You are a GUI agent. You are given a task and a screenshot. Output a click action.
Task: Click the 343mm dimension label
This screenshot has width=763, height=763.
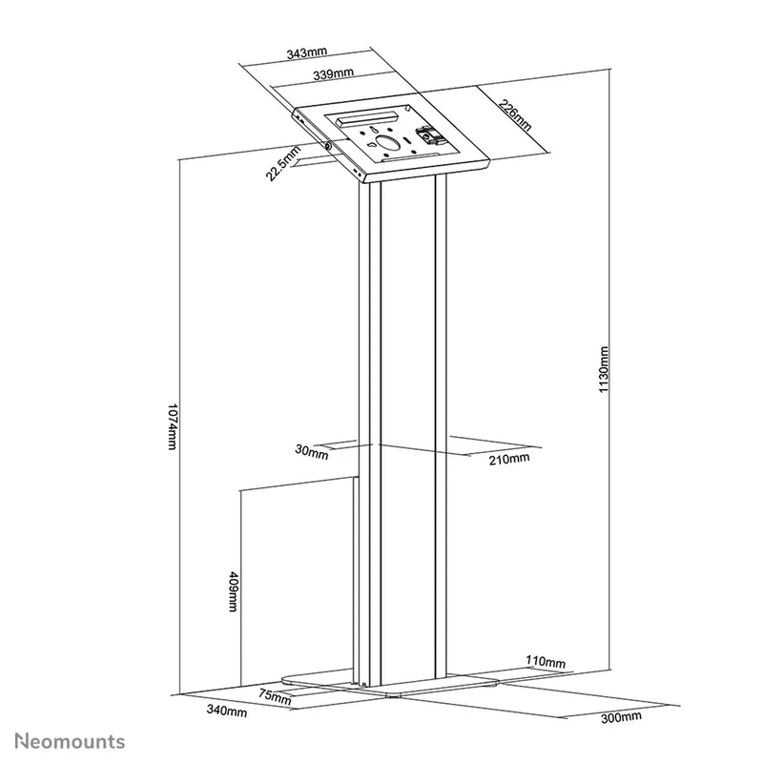coord(306,52)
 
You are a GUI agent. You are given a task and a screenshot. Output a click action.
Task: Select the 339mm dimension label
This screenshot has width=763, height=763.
coord(333,74)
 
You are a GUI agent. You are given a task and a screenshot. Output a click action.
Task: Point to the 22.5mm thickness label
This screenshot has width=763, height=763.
coord(283,163)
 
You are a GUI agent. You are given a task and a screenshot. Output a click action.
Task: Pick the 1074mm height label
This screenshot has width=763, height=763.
coord(172,426)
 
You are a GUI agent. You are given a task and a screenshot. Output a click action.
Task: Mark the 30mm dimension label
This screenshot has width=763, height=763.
coord(312,452)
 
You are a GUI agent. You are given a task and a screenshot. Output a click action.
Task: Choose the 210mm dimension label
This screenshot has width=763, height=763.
coord(509,459)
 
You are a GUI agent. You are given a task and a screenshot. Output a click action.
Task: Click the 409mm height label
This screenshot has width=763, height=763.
coord(233,591)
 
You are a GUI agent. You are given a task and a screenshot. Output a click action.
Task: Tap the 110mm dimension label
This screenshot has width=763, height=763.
coord(546,662)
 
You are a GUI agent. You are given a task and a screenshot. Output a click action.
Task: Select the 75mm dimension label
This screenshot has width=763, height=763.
coord(275,697)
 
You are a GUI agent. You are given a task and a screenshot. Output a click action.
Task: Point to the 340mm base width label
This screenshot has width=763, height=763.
coord(227,711)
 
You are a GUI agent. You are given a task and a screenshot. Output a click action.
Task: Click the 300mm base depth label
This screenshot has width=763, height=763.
coord(621,717)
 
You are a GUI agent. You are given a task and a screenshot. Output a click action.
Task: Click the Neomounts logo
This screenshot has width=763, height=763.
coord(70,741)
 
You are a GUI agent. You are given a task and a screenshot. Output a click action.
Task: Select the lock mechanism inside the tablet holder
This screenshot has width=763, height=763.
coord(429,135)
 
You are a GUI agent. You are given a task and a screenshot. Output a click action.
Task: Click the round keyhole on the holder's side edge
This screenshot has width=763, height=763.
coord(327,146)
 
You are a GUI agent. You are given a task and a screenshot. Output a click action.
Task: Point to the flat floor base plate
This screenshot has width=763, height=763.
coord(389,683)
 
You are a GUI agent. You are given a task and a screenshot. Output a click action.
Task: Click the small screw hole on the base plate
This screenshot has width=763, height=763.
coord(364,684)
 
